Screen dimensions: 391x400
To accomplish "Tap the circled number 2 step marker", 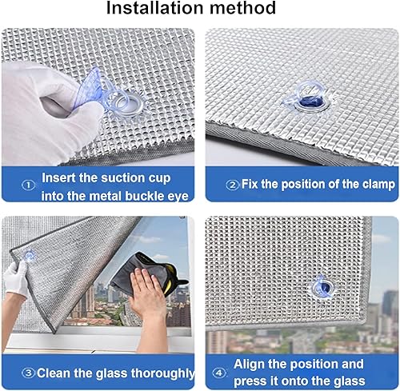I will click(232, 184).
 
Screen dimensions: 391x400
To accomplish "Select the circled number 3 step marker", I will click(28, 373).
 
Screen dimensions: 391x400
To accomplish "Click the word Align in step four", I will click(250, 364).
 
